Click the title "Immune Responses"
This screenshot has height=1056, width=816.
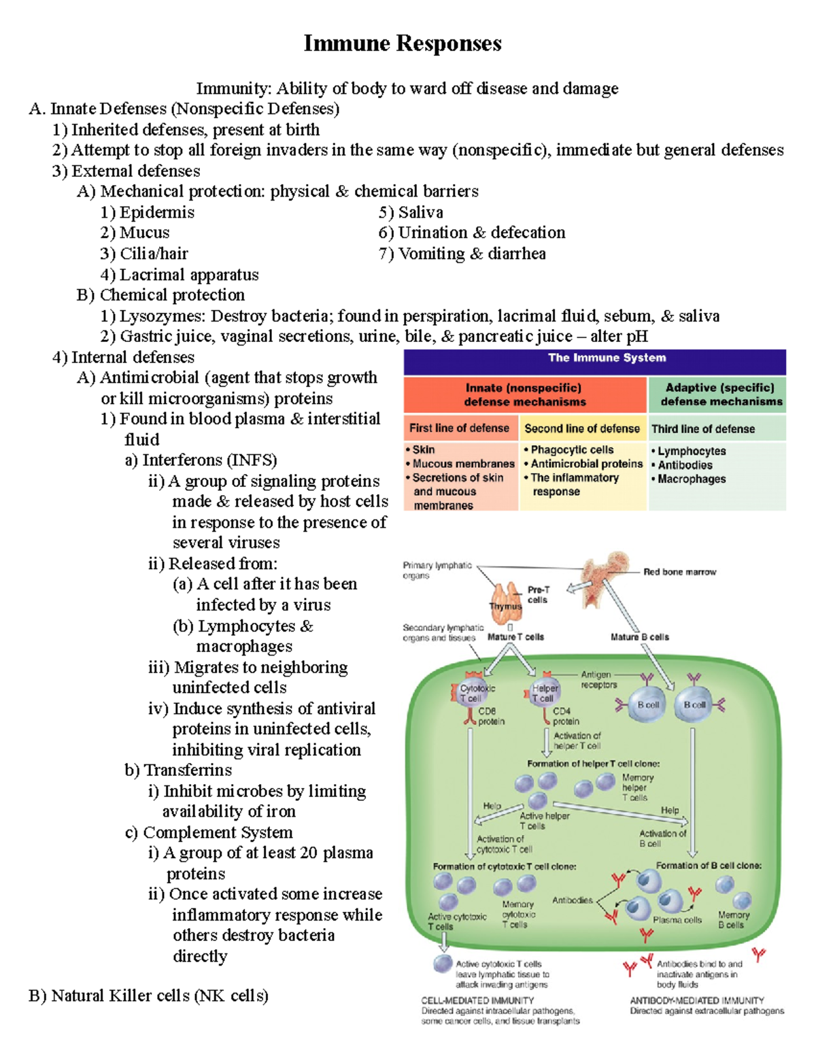click(x=403, y=44)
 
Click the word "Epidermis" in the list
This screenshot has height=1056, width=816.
click(x=156, y=213)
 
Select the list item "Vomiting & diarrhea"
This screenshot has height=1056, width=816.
click(x=471, y=254)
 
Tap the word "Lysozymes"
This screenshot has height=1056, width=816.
click(x=162, y=316)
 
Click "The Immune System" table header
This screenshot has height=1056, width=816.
click(x=607, y=358)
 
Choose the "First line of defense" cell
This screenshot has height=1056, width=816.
click(x=459, y=428)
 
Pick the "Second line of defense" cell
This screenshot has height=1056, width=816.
click(x=582, y=428)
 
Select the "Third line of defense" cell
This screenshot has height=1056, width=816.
click(x=703, y=429)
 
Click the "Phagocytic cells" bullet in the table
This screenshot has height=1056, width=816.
click(x=572, y=449)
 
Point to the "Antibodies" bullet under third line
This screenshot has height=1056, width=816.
click(x=685, y=465)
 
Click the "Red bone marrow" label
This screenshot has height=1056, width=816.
click(x=679, y=572)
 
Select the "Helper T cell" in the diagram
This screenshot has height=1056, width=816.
click(x=544, y=693)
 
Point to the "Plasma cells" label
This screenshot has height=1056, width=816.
click(x=677, y=920)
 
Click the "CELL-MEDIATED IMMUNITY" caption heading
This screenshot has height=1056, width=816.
click(x=477, y=1000)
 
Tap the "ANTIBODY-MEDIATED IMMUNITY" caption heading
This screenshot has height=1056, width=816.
click(x=697, y=1000)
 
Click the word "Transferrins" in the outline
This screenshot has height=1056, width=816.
click(x=188, y=770)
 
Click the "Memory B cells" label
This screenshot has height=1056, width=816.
click(x=733, y=920)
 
